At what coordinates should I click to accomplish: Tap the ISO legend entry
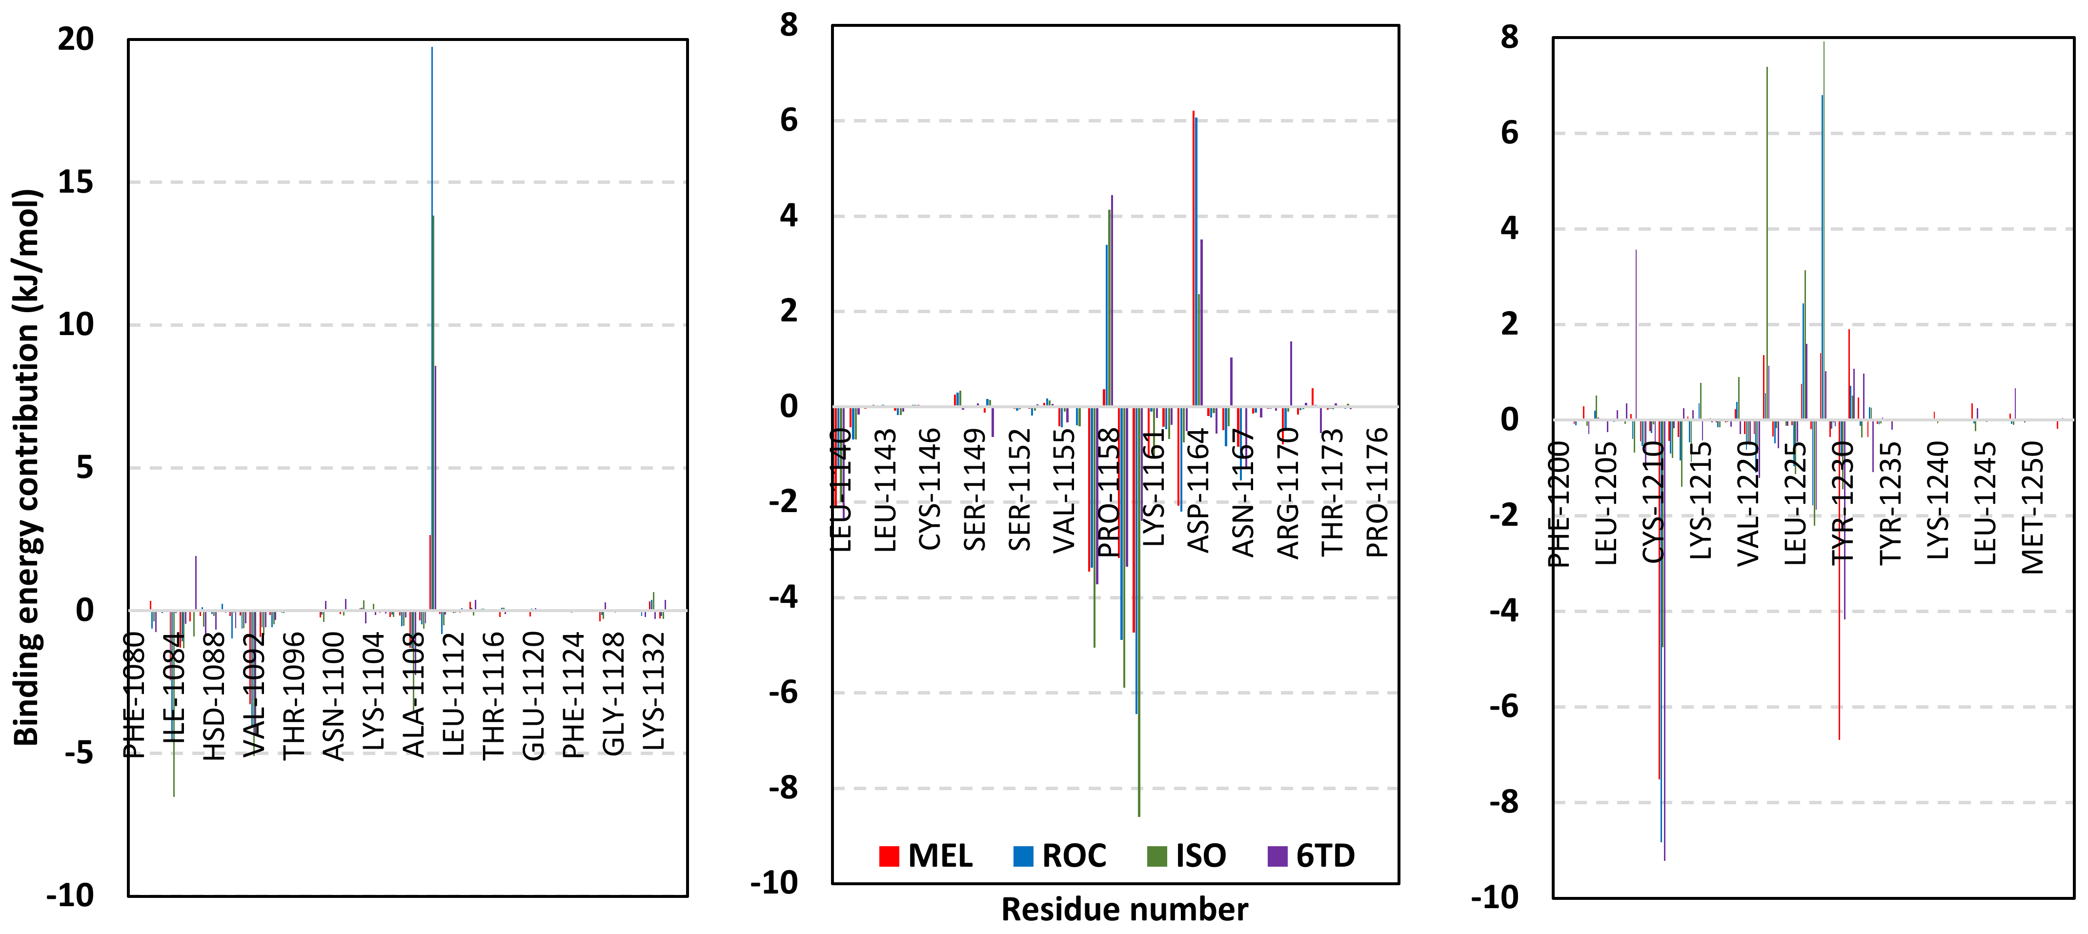click(x=1188, y=855)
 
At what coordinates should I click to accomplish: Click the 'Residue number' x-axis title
click(x=1124, y=910)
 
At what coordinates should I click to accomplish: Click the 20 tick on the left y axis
click(x=75, y=39)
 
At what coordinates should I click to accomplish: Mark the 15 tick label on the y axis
click(x=75, y=182)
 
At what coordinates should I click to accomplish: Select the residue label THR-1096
click(x=293, y=695)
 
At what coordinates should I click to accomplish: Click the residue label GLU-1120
click(x=532, y=695)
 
